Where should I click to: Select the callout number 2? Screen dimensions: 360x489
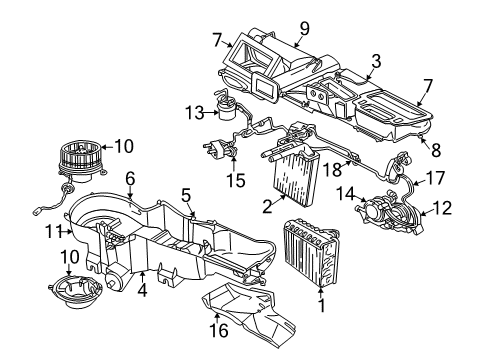tap(266, 207)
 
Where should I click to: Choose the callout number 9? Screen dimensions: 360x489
tap(304, 27)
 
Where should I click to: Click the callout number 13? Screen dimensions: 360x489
tap(193, 111)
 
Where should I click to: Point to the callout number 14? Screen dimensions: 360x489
tap(349, 192)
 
